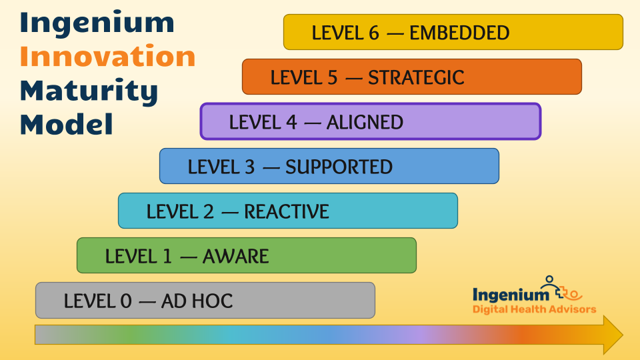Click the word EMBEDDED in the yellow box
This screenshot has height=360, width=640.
(x=459, y=33)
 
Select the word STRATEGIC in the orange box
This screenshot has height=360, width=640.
(x=416, y=77)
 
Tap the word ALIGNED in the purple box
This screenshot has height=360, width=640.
(x=365, y=122)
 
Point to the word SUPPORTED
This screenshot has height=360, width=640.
(x=339, y=167)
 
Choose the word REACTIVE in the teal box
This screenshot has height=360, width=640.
(x=287, y=211)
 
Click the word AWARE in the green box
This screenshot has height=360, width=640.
(x=236, y=256)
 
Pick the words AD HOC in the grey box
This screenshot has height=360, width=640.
(x=197, y=301)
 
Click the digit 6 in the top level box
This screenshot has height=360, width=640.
(x=374, y=33)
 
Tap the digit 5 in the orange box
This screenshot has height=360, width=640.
(x=333, y=77)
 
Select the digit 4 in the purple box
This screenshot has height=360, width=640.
(x=291, y=122)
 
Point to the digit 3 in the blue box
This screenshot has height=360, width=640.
(x=250, y=167)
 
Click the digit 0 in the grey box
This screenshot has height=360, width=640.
(x=126, y=301)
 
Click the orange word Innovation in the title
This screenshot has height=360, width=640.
(x=108, y=56)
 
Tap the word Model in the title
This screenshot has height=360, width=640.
(x=67, y=124)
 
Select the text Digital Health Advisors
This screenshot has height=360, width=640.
(x=534, y=309)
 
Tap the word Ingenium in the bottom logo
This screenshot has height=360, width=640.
(x=511, y=295)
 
